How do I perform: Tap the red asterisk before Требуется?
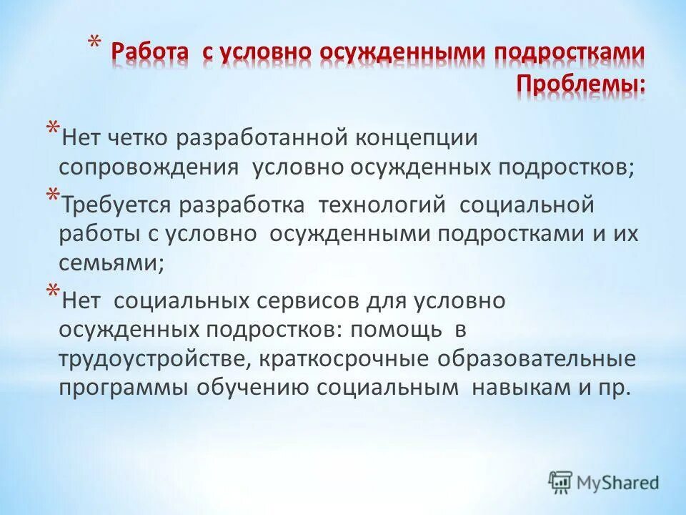coord(53,200)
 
